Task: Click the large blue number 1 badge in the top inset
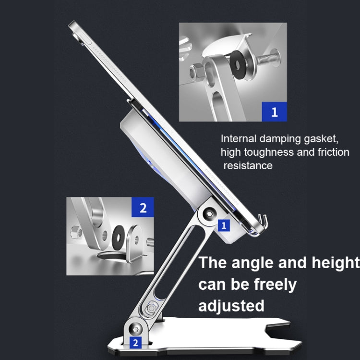point(275,112)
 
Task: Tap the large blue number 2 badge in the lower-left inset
point(143,207)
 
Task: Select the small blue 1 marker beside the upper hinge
point(224,225)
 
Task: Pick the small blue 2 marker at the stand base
point(136,343)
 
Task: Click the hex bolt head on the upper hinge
point(209,214)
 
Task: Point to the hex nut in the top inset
point(196,71)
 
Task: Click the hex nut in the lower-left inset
point(75,232)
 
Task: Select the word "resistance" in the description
point(248,165)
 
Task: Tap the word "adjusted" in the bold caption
point(231,306)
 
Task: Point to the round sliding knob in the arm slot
point(151,308)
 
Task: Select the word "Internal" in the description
point(239,138)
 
